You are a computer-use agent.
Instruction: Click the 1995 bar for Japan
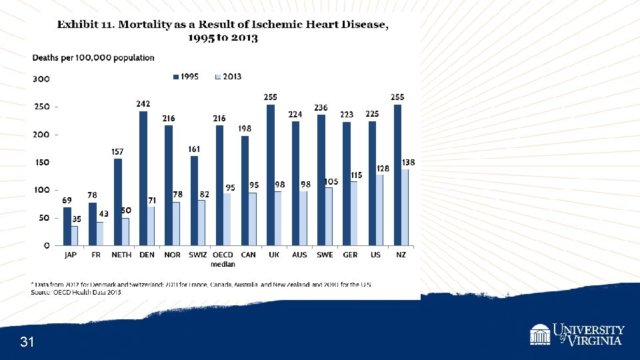tap(67, 226)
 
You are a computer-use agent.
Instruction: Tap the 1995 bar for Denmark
tap(143, 178)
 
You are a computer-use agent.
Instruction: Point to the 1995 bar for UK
tap(271, 175)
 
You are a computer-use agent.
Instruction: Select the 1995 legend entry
tap(186, 77)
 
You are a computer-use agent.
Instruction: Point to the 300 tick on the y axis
tap(41, 79)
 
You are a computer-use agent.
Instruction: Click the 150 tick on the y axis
tap(41, 163)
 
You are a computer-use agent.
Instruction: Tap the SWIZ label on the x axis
tap(197, 255)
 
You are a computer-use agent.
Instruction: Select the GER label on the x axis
tap(350, 255)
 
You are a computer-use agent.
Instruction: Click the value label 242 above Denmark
tap(143, 104)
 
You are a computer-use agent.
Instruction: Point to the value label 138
tap(409, 162)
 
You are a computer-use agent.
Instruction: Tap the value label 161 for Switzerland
tap(195, 149)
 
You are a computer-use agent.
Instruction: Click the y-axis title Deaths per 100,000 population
tap(93, 58)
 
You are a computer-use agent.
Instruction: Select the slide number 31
tap(27, 343)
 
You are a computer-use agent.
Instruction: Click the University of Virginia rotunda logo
tap(540, 335)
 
